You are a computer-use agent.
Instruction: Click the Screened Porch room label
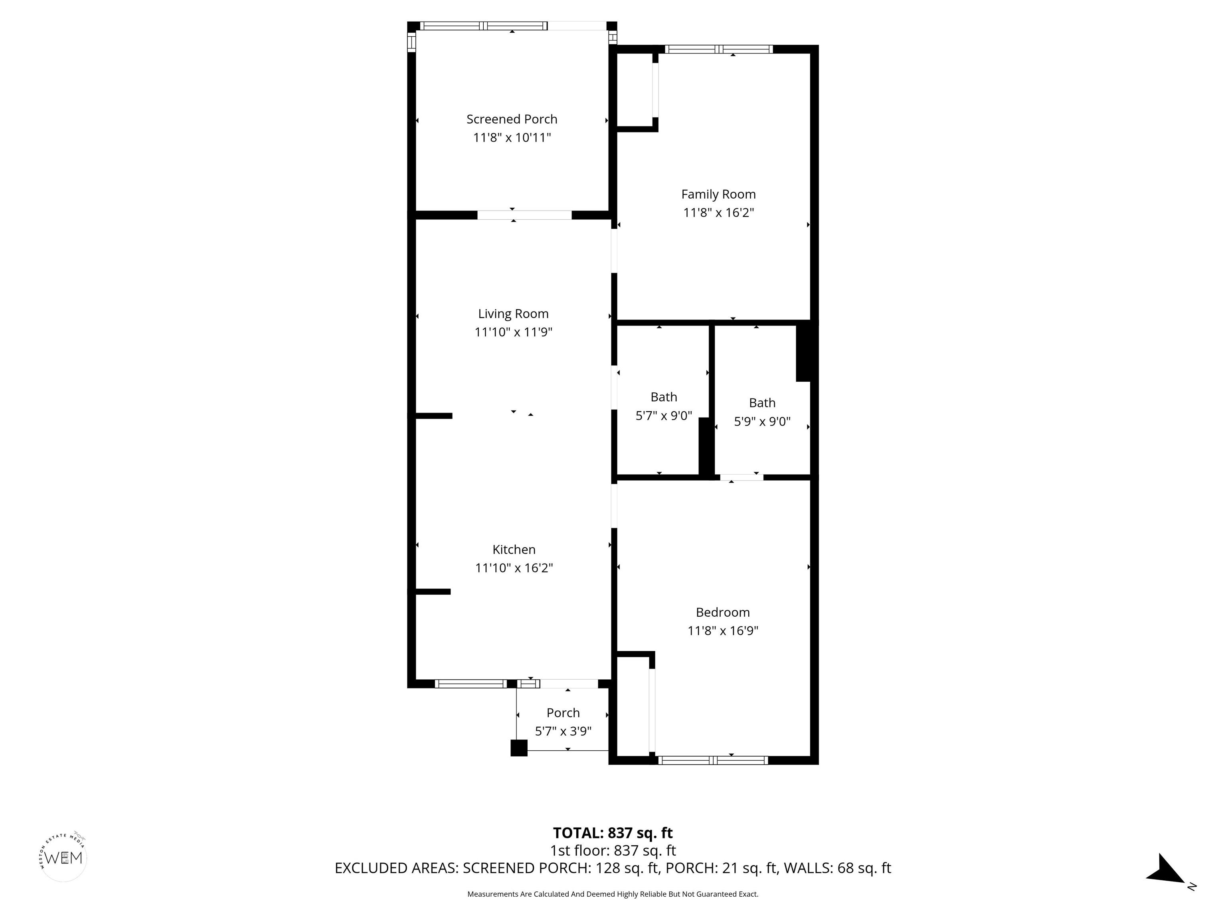pyautogui.click(x=512, y=119)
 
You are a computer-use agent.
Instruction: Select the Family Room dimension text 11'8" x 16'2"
pyautogui.click(x=718, y=213)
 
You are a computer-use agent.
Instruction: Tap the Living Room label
pyautogui.click(x=513, y=314)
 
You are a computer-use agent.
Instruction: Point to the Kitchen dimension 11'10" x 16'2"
pyautogui.click(x=514, y=568)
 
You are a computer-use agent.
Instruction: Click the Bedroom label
pyautogui.click(x=723, y=612)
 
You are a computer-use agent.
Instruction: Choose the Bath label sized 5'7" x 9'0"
pyautogui.click(x=663, y=397)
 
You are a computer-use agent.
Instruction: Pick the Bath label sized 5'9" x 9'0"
pyautogui.click(x=762, y=403)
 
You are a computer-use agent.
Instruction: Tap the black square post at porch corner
pyautogui.click(x=519, y=748)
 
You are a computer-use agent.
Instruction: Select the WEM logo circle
pyautogui.click(x=64, y=858)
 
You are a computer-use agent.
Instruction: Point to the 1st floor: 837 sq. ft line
pyautogui.click(x=613, y=850)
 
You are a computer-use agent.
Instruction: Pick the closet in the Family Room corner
pyautogui.click(x=635, y=90)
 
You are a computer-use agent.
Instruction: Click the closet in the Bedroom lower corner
pyautogui.click(x=632, y=706)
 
